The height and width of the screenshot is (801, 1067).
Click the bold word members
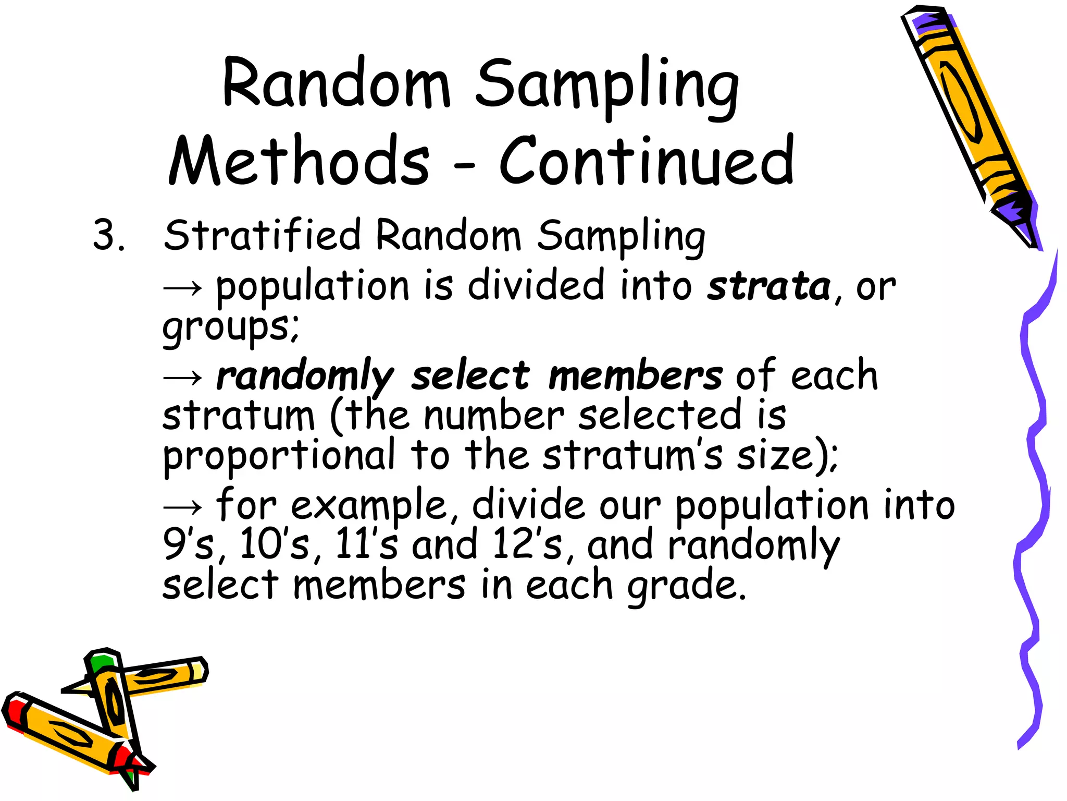click(x=635, y=375)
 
